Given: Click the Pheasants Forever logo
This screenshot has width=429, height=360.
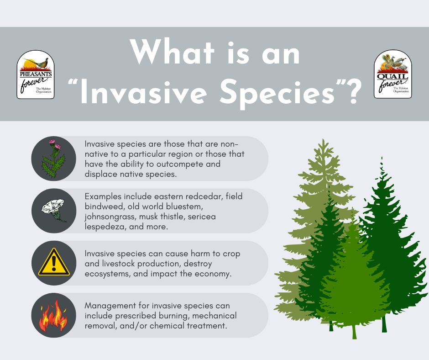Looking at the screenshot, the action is click(36, 74).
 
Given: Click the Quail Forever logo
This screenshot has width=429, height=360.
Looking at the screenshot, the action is click(393, 74).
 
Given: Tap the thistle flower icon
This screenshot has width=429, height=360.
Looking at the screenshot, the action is click(54, 159).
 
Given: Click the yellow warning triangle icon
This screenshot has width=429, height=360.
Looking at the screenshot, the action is click(54, 262).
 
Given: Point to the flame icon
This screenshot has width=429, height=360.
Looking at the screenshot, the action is click(53, 316).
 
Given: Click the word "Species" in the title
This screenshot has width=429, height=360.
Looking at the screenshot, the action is click(277, 93).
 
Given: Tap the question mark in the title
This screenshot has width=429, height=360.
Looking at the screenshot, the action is click(350, 91).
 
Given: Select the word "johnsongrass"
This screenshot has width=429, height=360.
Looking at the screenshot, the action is click(110, 217).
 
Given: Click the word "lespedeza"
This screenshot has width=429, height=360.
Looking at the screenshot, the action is click(105, 227).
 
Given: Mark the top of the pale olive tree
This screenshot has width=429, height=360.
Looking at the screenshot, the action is click(324, 140).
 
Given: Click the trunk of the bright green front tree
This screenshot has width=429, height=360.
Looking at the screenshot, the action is click(354, 332).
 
